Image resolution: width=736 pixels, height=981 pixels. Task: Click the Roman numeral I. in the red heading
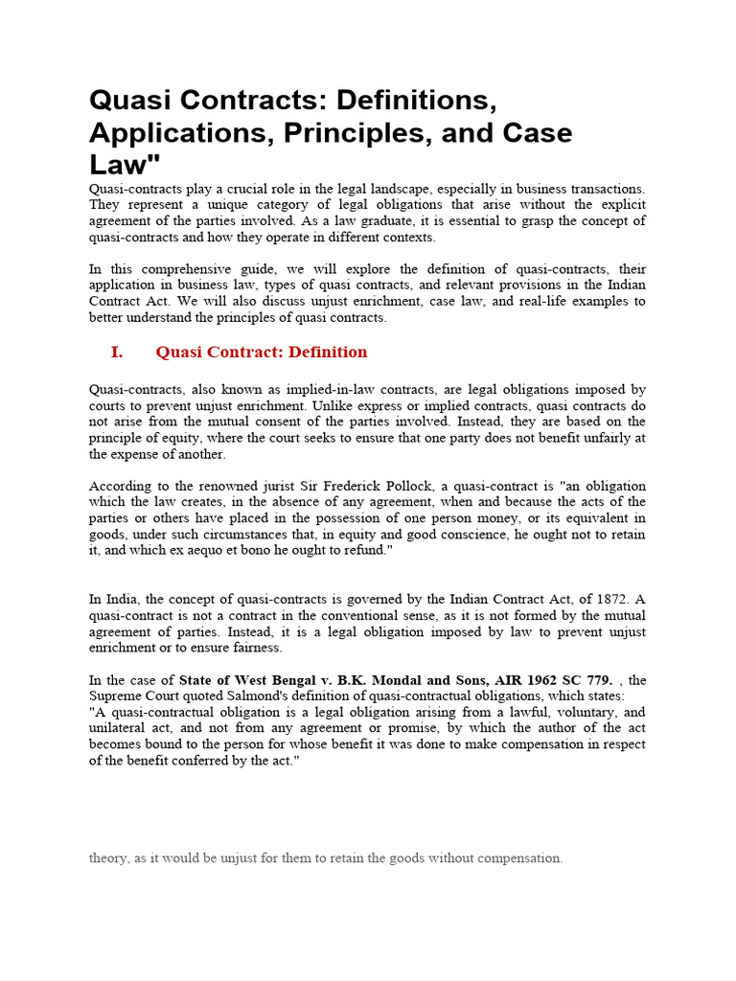(x=117, y=352)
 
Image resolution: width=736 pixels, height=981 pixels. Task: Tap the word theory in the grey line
(x=108, y=858)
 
